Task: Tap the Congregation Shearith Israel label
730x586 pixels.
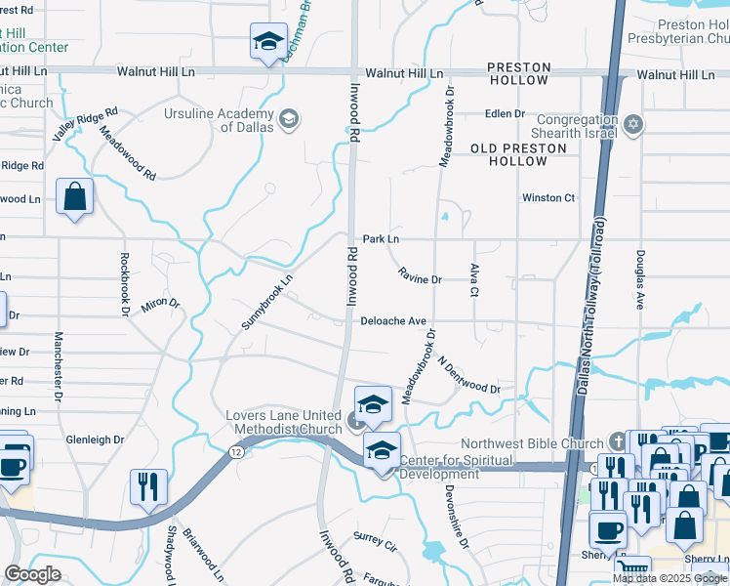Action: tap(575, 127)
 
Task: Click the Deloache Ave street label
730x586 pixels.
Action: tap(393, 320)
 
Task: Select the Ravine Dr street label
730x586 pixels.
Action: tap(421, 279)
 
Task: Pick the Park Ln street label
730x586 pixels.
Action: tap(381, 238)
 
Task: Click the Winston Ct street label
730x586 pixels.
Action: tap(548, 197)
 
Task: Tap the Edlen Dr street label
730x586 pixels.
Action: tap(506, 113)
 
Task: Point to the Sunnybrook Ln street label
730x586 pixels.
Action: tap(267, 302)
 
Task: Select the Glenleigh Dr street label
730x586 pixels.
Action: tap(95, 439)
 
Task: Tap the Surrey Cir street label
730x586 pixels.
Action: tap(375, 538)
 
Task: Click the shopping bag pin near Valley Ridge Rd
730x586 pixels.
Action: tap(74, 198)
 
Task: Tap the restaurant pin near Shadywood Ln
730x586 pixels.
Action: tap(148, 488)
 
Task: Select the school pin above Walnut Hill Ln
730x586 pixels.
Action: tap(268, 43)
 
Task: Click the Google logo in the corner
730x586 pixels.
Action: tap(32, 574)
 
